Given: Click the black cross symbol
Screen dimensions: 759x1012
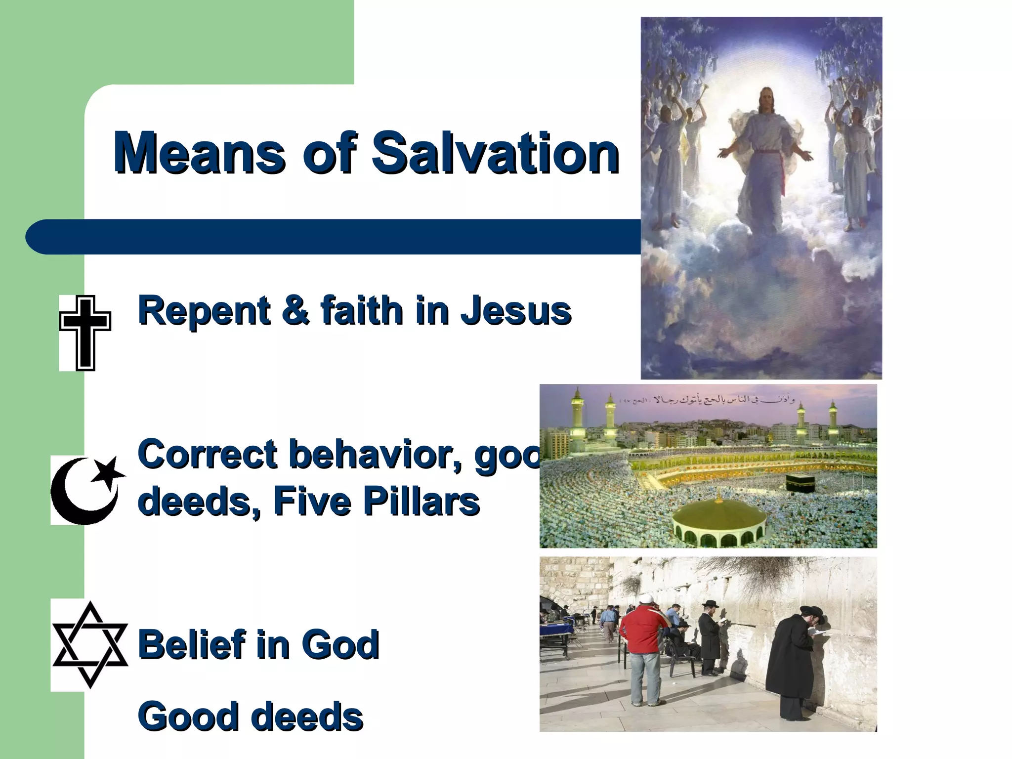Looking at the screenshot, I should tap(85, 333).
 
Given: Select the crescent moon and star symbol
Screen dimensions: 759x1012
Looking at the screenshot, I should tap(88, 489).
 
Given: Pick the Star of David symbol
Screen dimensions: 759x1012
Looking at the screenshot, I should tap(90, 644).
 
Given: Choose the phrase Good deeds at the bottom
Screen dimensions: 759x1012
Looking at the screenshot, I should tap(250, 717).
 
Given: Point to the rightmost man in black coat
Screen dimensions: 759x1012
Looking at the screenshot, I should tap(796, 662).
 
